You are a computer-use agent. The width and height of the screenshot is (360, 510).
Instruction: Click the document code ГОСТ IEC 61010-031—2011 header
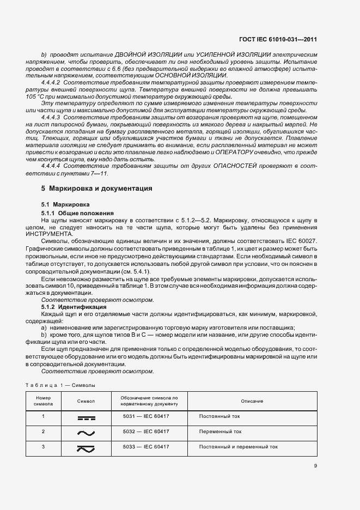point(278,39)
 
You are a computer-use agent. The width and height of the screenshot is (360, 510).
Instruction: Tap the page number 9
point(315,465)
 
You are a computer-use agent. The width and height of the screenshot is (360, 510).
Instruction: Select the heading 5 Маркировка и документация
point(97,189)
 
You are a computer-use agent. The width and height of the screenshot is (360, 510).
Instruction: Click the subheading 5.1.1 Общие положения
point(77,212)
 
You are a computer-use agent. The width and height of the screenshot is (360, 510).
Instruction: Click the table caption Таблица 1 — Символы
point(60,385)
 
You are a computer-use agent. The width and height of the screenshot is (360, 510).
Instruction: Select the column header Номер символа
point(43,401)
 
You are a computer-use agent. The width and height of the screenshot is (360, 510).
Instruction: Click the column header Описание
point(252,401)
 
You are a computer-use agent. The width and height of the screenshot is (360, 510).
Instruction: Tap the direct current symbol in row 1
point(86,417)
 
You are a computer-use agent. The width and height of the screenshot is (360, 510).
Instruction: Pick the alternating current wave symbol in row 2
point(86,433)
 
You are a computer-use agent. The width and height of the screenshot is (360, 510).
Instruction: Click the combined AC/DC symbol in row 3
point(86,447)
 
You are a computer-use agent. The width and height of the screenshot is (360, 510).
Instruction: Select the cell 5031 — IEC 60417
point(146,416)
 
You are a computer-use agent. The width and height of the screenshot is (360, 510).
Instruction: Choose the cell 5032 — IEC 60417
point(146,431)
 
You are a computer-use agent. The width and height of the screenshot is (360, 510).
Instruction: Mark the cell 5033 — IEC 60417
point(146,446)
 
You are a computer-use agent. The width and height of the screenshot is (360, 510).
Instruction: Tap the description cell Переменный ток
point(220,431)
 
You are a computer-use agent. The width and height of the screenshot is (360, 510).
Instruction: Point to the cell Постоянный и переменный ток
point(238,446)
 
